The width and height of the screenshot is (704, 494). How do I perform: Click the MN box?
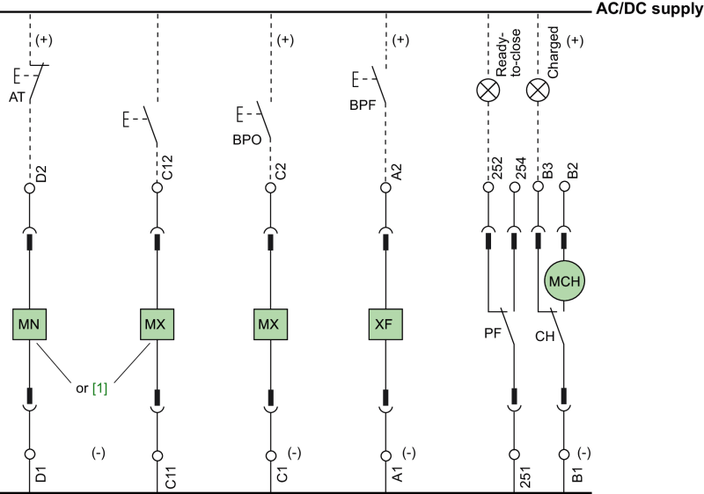(x=29, y=324)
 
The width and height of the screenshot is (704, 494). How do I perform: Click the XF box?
(x=385, y=324)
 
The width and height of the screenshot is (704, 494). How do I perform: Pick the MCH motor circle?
(x=564, y=281)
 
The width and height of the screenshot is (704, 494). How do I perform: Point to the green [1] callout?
(x=100, y=389)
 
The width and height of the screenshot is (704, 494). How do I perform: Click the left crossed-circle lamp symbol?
(x=488, y=90)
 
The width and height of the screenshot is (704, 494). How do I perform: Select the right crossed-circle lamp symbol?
(x=537, y=90)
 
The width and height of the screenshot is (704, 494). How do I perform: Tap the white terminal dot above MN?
(x=29, y=188)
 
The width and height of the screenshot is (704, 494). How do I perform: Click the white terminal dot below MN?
(x=29, y=454)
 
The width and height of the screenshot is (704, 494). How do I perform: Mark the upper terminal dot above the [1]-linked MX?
(x=158, y=188)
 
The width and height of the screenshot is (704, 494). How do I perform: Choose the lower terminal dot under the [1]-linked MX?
(x=158, y=455)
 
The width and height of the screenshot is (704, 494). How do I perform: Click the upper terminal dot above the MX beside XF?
(x=270, y=188)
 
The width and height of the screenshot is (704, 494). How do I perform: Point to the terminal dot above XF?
(x=385, y=188)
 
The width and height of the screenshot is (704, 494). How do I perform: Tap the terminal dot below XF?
(x=385, y=455)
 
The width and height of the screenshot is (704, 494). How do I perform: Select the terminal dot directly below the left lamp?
(x=488, y=186)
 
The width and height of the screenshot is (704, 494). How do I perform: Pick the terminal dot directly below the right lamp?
(x=539, y=186)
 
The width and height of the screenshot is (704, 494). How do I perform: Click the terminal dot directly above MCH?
(x=564, y=186)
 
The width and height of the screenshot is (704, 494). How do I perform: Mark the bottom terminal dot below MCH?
(x=564, y=454)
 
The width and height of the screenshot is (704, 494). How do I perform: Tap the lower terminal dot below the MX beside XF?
(x=270, y=455)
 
